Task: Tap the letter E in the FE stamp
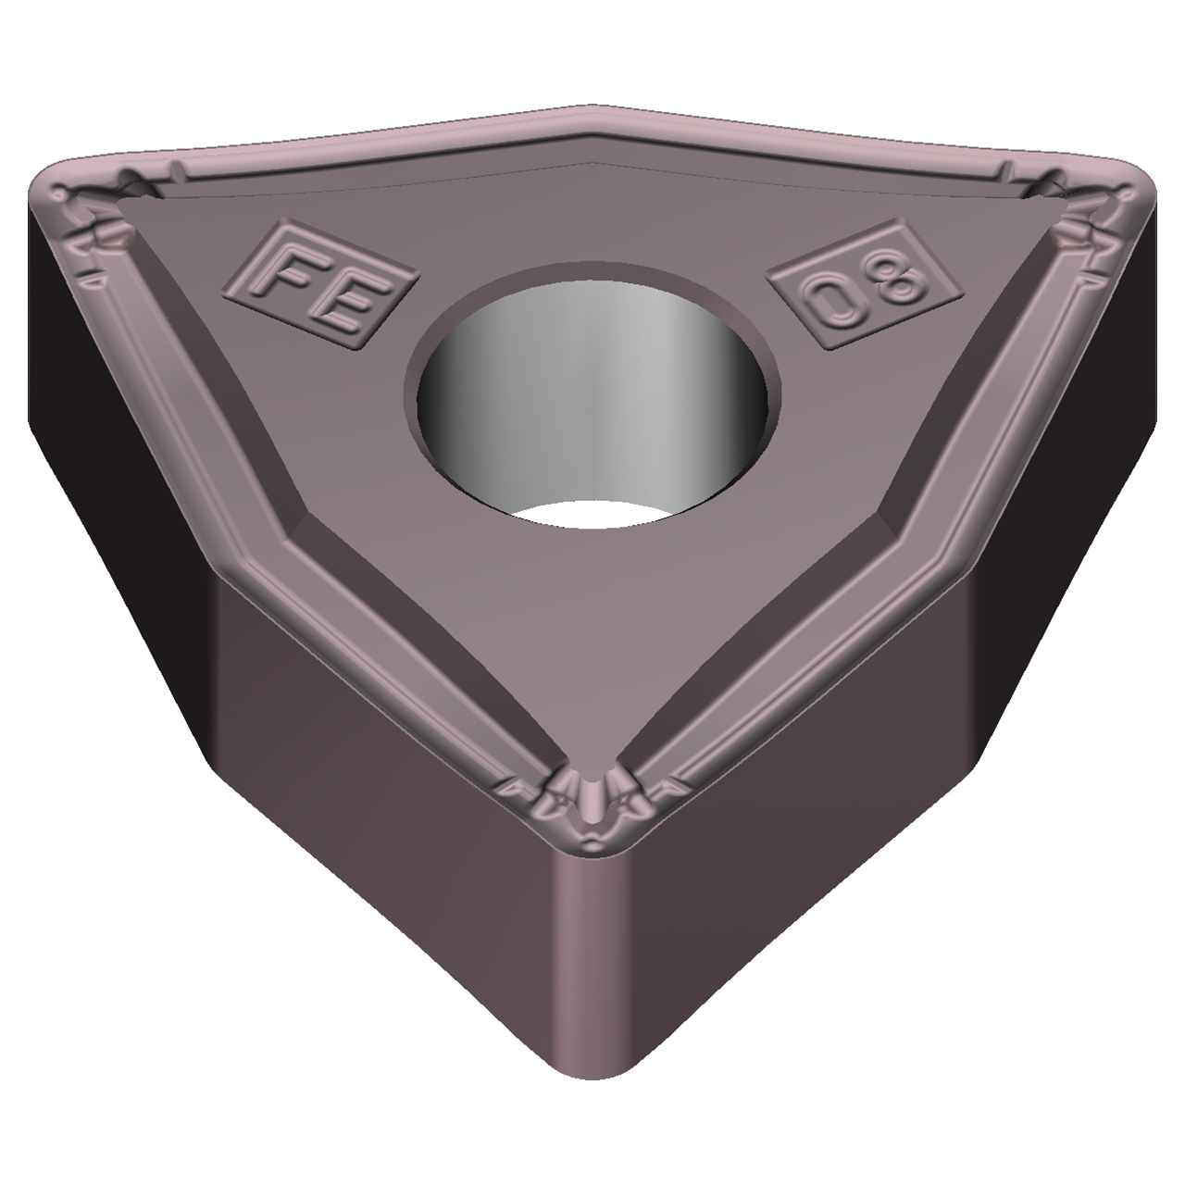(x=343, y=306)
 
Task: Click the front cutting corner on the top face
(x=592, y=815)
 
